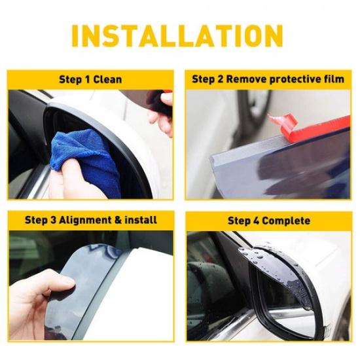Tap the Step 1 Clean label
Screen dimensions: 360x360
90,79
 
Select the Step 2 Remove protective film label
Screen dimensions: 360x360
268,79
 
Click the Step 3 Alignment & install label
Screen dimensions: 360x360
90,221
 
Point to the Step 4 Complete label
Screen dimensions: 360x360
268,221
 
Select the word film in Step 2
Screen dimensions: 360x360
333,79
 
